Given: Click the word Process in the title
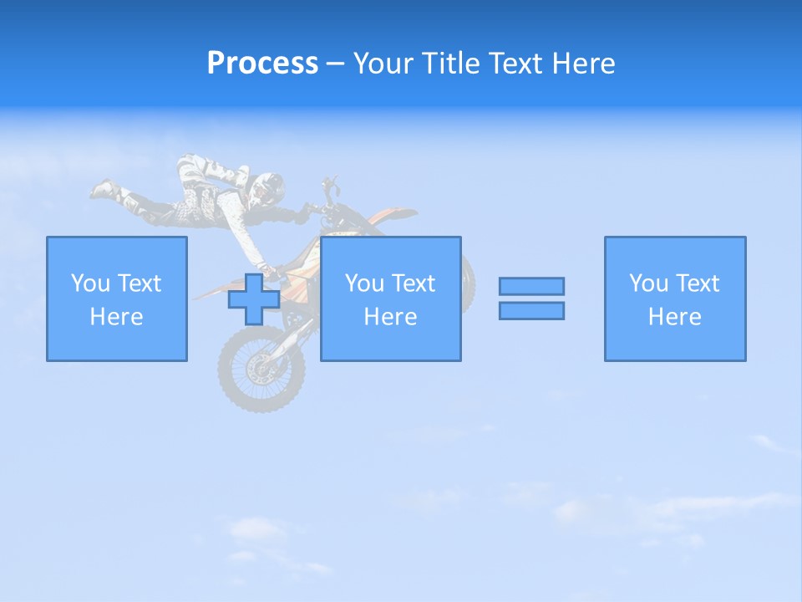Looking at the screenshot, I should tap(262, 64).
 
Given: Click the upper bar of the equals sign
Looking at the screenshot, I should tap(531, 286).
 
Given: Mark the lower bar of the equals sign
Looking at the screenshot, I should tap(531, 310).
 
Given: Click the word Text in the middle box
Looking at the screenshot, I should tap(414, 283).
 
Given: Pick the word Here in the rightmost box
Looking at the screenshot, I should tap(674, 317).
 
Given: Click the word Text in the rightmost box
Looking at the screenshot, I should tap(698, 283).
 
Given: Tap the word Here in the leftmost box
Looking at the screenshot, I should tap(116, 317).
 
